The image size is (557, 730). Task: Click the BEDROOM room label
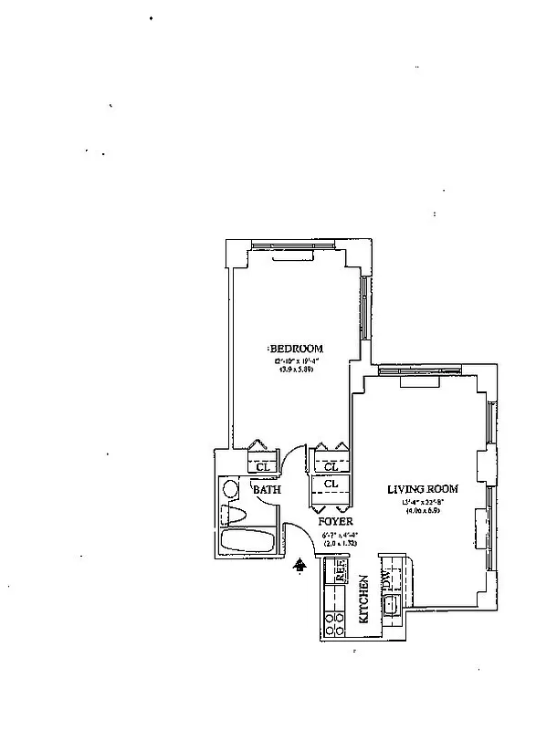(x=296, y=349)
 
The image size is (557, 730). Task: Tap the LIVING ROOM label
(x=423, y=489)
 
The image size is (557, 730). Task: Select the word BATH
(x=266, y=490)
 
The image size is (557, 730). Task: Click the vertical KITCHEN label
(x=363, y=599)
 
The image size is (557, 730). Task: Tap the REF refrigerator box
(x=340, y=573)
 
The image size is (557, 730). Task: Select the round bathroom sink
(x=231, y=489)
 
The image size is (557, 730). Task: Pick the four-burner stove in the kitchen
(x=333, y=623)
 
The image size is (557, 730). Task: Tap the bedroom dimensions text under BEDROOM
(x=296, y=366)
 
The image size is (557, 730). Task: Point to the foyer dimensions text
(x=337, y=537)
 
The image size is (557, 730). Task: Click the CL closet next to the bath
(x=262, y=467)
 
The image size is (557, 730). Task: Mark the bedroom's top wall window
(x=294, y=245)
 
